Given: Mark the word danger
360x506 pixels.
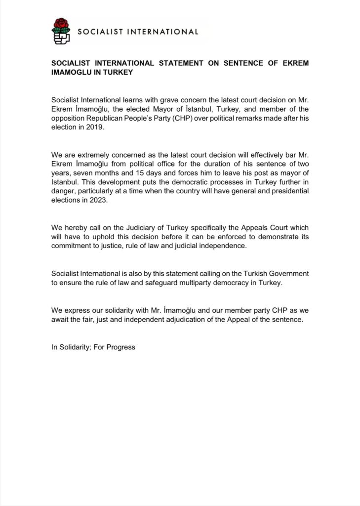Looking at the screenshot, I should [x=64, y=192].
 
